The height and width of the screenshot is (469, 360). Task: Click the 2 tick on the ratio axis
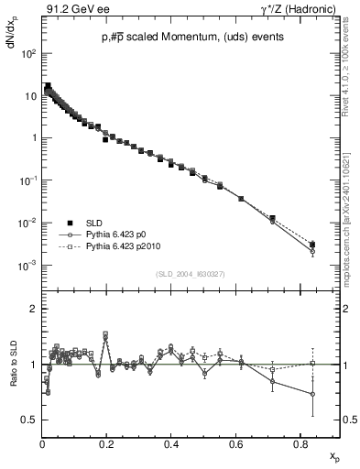click(34, 309)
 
